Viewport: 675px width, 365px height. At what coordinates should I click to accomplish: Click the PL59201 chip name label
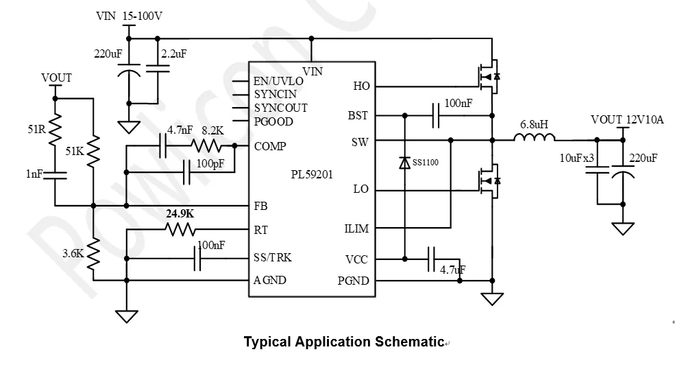[x=312, y=174]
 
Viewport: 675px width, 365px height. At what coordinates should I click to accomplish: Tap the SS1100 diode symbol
[x=404, y=163]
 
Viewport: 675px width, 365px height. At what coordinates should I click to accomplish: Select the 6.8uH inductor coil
[x=535, y=137]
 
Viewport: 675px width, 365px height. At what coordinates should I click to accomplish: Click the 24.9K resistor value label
[x=180, y=214]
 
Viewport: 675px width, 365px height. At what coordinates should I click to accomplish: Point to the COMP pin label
[x=270, y=147]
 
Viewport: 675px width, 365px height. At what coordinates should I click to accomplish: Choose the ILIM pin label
[x=356, y=229]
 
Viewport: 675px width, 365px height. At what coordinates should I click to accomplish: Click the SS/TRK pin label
[x=273, y=258]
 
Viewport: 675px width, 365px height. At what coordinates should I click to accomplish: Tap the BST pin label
[x=358, y=115]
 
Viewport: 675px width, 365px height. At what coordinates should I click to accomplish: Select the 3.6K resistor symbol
[x=93, y=253]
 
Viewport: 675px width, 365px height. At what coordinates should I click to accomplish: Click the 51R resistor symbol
[x=55, y=130]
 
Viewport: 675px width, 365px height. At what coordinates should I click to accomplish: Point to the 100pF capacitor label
[x=210, y=164]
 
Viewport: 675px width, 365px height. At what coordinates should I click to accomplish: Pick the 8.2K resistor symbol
[x=207, y=145]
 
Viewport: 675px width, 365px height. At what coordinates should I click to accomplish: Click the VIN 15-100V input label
[x=129, y=16]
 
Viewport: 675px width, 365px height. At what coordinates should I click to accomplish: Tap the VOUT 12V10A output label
[x=627, y=120]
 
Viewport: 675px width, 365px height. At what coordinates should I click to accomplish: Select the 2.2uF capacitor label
[x=174, y=54]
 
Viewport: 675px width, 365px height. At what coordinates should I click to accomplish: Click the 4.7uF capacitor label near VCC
[x=452, y=270]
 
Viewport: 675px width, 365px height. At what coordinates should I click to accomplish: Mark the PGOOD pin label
[x=273, y=121]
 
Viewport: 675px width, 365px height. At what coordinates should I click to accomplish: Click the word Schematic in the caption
[x=409, y=342]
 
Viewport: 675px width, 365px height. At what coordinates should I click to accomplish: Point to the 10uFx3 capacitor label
[x=577, y=158]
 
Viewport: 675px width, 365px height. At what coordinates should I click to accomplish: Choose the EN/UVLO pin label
[x=278, y=81]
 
